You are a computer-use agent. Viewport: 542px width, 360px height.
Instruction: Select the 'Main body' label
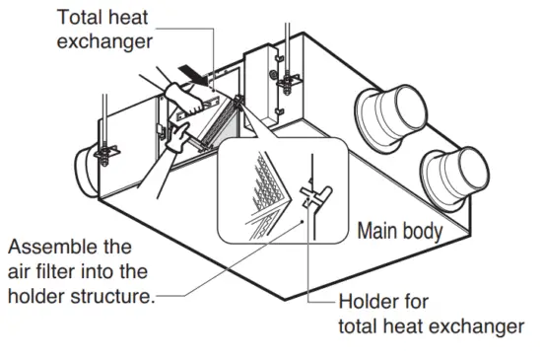pyautogui.click(x=397, y=234)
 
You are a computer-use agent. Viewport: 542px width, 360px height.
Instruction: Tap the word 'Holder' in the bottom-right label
pyautogui.click(x=368, y=301)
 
